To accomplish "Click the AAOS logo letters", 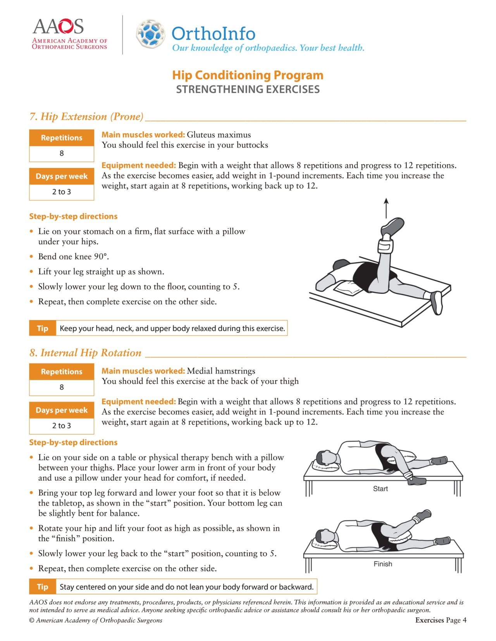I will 58,26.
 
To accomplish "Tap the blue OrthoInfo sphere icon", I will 150,34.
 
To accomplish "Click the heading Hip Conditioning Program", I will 248,75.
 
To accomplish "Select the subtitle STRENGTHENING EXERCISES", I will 248,89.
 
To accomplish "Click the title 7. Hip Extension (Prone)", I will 86,117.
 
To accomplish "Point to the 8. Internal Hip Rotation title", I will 85,353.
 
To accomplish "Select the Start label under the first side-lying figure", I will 380,489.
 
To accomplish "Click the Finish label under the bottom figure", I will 382,564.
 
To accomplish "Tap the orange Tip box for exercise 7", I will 42,328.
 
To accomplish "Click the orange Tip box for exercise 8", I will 42,587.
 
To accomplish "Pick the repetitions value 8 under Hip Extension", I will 62,154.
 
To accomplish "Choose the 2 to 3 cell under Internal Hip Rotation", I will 62,426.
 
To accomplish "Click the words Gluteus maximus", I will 219,135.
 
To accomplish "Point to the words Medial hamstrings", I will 221,371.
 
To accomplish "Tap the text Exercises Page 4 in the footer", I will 441,620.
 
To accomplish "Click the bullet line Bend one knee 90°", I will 73,257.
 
